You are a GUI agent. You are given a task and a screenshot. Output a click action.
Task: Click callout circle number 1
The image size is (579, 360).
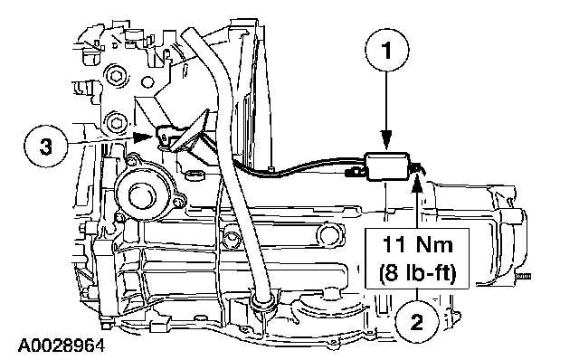click(387, 50)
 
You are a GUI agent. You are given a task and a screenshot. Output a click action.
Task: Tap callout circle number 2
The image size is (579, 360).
click(417, 322)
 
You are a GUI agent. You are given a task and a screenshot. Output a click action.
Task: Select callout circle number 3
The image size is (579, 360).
click(46, 146)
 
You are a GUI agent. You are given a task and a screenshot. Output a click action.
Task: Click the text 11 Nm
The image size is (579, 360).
click(417, 245)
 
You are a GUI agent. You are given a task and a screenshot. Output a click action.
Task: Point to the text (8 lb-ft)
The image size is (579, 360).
click(417, 273)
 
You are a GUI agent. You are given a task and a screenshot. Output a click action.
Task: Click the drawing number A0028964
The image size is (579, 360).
click(61, 346)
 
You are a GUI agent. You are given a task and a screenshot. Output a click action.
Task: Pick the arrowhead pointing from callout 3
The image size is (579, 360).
click(143, 137)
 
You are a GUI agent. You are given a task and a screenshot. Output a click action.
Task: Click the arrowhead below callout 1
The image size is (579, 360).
click(386, 142)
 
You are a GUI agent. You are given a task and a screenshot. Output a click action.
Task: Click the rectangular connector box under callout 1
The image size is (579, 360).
click(386, 166)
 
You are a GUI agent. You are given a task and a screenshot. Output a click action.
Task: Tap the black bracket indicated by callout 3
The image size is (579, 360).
click(165, 137)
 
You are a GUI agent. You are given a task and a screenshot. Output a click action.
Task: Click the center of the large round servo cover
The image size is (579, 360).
click(142, 194)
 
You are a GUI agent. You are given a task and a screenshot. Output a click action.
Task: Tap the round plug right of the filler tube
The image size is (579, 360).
click(329, 235)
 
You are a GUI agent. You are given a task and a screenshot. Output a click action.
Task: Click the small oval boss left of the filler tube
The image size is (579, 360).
click(195, 175)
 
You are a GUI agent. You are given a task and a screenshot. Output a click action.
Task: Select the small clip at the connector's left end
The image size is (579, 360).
click(354, 172)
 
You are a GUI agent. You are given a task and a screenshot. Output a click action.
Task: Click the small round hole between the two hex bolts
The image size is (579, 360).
click(147, 81)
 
